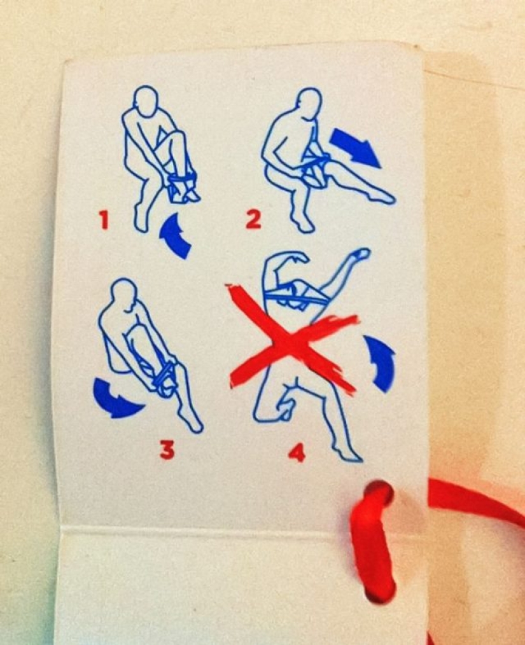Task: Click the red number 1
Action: coord(103,220)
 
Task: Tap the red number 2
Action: coord(253,219)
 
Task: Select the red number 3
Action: coord(167,449)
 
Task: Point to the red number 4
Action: coord(297,452)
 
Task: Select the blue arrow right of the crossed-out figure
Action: coord(381,363)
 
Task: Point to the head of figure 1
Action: coord(148,101)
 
